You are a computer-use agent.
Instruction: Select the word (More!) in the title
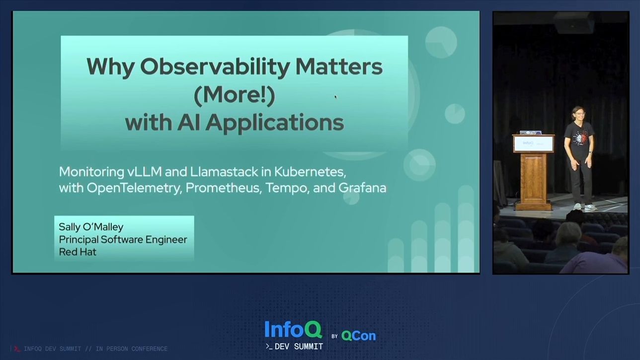coord(234,95)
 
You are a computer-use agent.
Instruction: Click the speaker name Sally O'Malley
coord(91,227)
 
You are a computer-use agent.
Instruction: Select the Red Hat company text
coord(78,252)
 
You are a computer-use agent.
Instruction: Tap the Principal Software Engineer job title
coord(123,239)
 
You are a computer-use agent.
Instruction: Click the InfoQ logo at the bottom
coord(293,330)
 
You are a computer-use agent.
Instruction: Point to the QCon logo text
coord(358,336)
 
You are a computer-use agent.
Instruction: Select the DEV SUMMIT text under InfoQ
coord(298,347)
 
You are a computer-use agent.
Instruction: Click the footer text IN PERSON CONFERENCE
coord(131,349)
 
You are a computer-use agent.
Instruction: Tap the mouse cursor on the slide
coord(335,96)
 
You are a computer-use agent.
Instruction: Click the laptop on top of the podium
coord(530,133)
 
